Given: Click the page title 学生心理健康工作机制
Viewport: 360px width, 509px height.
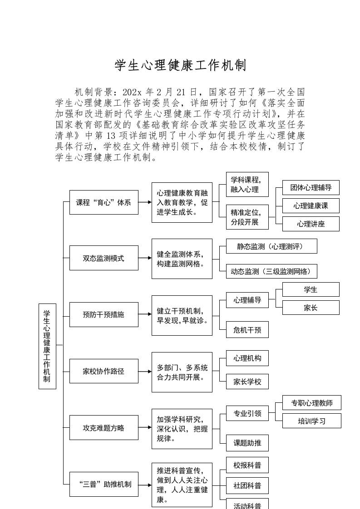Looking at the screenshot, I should pyautogui.click(x=180, y=66).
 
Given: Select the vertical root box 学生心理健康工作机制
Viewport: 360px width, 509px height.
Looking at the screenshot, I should pyautogui.click(x=47, y=346).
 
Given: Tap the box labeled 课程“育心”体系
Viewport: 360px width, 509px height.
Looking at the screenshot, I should pyautogui.click(x=104, y=202).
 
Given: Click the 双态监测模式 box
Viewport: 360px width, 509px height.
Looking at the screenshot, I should pyautogui.click(x=104, y=258).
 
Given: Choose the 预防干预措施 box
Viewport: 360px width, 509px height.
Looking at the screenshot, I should pyautogui.click(x=104, y=314).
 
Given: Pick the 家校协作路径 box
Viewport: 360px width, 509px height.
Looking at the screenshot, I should pyautogui.click(x=104, y=371).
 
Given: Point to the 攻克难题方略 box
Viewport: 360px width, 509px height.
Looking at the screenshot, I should pyautogui.click(x=104, y=427).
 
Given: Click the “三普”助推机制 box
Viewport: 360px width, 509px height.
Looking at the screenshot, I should pyautogui.click(x=104, y=484).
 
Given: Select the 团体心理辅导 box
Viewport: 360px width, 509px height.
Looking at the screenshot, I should pyautogui.click(x=311, y=187).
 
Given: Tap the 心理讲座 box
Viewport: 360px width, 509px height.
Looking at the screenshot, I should pyautogui.click(x=311, y=224).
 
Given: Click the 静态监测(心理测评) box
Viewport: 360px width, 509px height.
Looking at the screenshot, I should pyautogui.click(x=271, y=246).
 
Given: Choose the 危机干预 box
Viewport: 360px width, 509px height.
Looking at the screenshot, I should pyautogui.click(x=247, y=330).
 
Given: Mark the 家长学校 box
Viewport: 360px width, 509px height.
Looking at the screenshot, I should pyautogui.click(x=247, y=382).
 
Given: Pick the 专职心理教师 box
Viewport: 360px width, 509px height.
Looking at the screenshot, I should pyautogui.click(x=311, y=403).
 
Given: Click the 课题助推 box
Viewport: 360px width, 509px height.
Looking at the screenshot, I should pyautogui.click(x=247, y=443).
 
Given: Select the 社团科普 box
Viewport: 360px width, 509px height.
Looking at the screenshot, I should pyautogui.click(x=247, y=485).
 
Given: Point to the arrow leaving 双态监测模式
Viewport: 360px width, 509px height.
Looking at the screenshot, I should pyautogui.click(x=145, y=258).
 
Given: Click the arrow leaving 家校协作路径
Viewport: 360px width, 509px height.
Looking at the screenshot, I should pyautogui.click(x=145, y=371).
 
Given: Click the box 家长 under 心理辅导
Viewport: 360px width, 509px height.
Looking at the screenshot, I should pyautogui.click(x=311, y=308).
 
